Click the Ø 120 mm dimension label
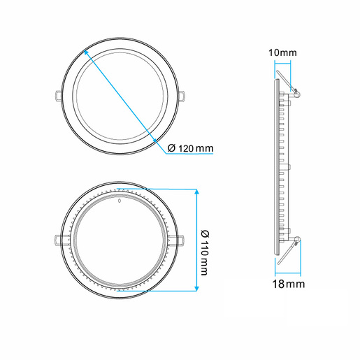[191, 148]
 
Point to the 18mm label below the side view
[289, 284]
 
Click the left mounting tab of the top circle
[56, 95]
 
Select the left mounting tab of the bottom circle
[56, 239]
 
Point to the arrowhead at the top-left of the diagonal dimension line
[85, 50]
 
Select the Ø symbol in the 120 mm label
[172, 148]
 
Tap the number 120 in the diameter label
[186, 148]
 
